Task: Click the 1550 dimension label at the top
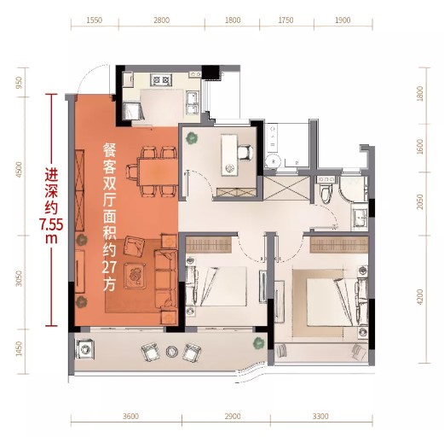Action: click(x=95, y=20)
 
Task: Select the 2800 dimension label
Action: click(x=161, y=20)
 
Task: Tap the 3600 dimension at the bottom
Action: click(x=130, y=417)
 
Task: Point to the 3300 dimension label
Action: click(x=320, y=417)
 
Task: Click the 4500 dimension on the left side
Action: click(x=19, y=170)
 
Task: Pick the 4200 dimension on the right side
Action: click(x=420, y=297)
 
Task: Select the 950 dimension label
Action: click(x=19, y=83)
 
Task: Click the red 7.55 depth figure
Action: click(x=51, y=225)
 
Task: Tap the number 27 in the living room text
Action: click(x=109, y=267)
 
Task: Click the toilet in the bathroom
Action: click(x=326, y=193)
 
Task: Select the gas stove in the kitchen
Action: click(x=161, y=79)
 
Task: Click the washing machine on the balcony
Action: click(x=85, y=349)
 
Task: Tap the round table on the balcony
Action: click(x=171, y=352)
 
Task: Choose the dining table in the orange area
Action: click(x=158, y=172)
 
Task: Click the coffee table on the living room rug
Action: click(x=135, y=276)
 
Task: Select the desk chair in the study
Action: click(x=245, y=153)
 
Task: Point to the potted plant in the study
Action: click(x=192, y=138)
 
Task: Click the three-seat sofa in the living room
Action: click(x=165, y=279)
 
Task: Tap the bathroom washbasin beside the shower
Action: click(x=360, y=218)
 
